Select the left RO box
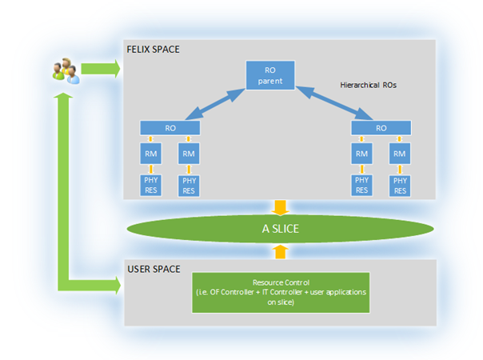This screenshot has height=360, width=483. click(x=169, y=127)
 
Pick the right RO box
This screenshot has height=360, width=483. click(x=381, y=127)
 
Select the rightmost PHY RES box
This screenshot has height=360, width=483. click(x=401, y=185)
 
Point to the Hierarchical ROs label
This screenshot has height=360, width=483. click(x=368, y=83)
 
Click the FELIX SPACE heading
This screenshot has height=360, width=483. click(x=153, y=50)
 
